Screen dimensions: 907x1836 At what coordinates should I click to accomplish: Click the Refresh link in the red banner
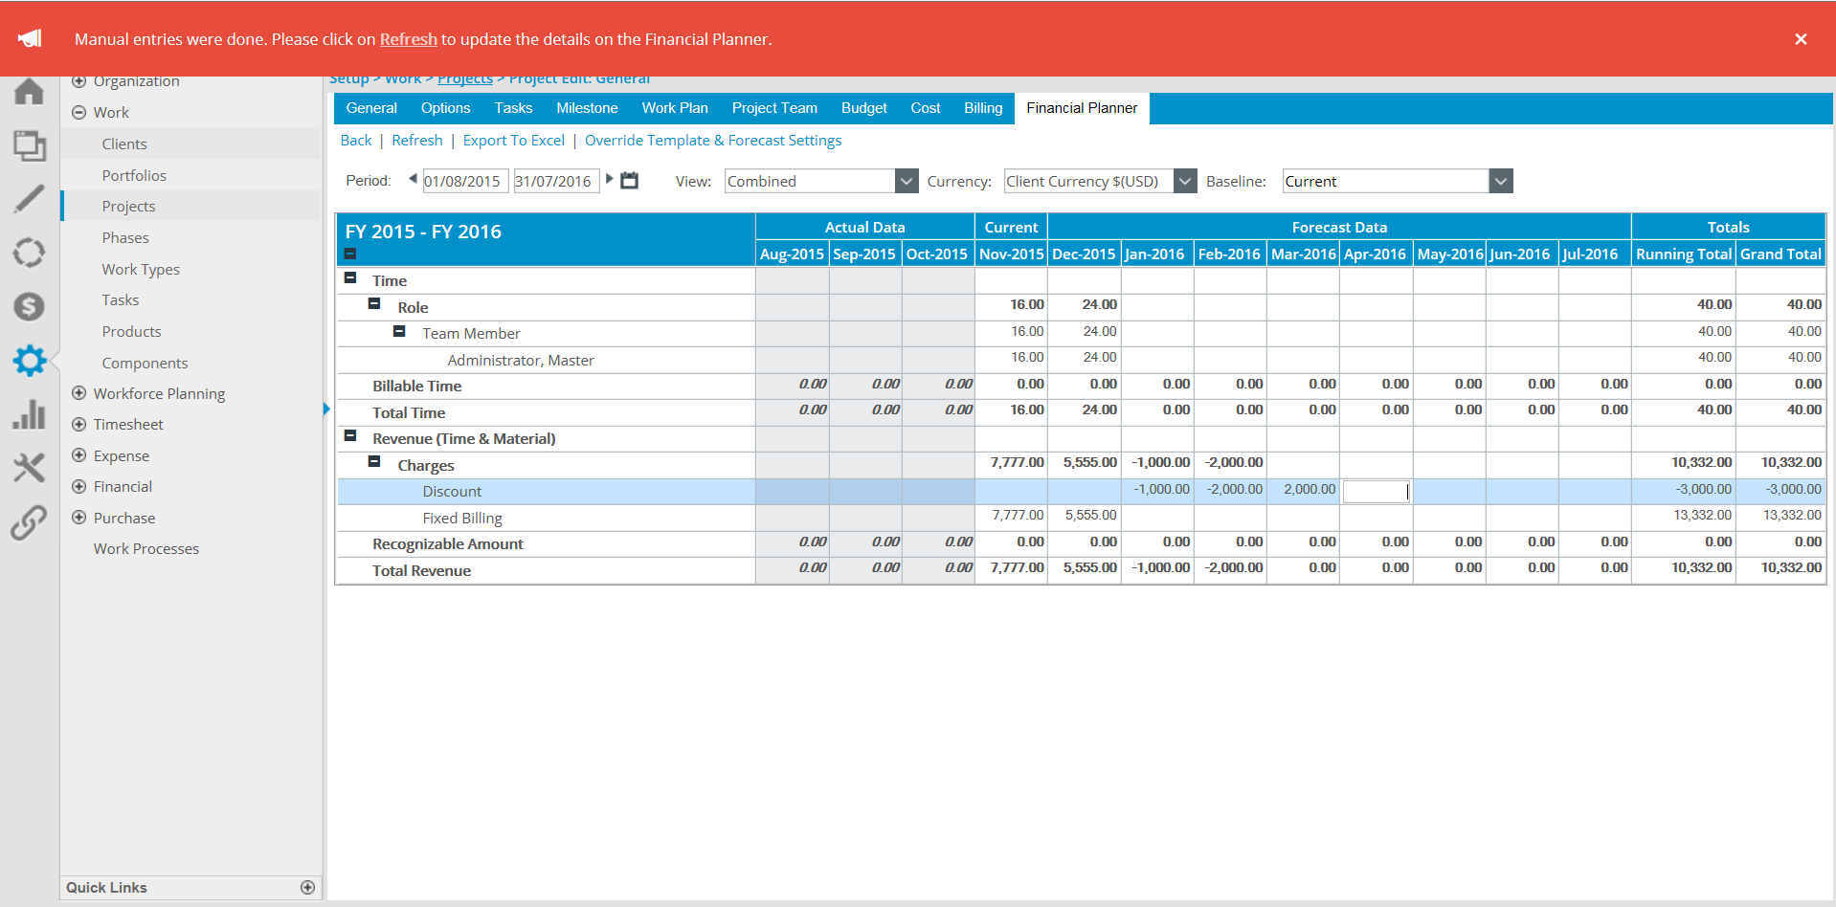408,39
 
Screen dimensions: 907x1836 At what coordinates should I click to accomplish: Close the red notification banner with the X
1801,39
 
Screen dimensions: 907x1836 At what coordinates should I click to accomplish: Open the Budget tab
863,108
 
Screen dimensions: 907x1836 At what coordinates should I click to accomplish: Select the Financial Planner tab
1082,108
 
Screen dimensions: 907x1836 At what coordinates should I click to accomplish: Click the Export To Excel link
514,141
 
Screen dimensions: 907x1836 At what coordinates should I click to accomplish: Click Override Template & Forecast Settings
713,141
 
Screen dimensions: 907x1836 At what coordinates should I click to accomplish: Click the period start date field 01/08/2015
463,181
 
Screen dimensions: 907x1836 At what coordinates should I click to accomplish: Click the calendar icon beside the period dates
629,180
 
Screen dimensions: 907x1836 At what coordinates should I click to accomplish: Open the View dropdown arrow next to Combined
906,181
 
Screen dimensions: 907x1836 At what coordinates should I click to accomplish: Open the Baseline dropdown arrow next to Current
1500,181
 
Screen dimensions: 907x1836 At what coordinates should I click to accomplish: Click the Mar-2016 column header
1303,254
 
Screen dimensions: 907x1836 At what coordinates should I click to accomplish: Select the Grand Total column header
1780,254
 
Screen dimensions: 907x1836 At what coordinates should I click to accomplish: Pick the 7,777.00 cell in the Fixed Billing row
1018,516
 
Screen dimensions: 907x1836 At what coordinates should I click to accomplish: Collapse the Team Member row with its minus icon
399,332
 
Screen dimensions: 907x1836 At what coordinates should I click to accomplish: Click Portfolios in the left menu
134,175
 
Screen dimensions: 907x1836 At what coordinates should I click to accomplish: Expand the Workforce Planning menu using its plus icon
79,393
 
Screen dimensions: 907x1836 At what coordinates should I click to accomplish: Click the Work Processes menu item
146,549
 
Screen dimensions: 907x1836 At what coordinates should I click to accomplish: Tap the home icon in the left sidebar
29,92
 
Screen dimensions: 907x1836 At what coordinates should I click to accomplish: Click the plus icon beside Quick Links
307,888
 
